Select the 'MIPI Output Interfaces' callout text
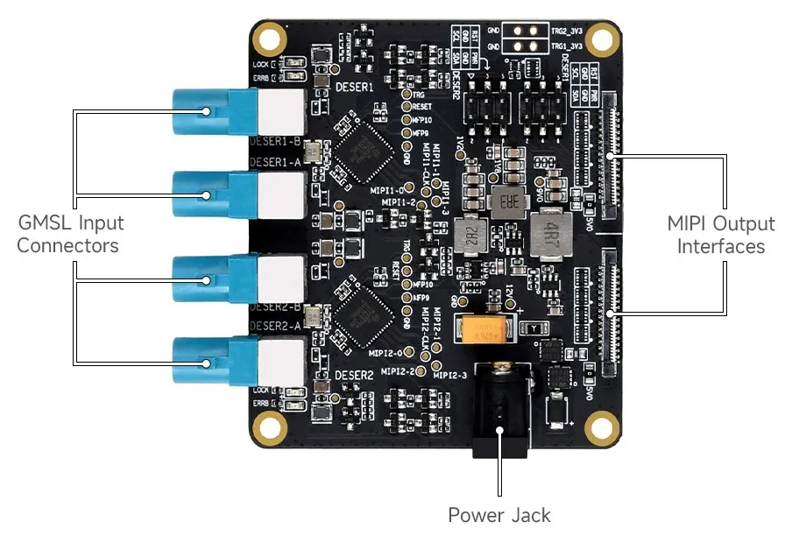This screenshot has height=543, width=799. tap(720, 235)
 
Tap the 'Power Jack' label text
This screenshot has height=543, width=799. tap(498, 515)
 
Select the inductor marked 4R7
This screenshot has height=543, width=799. tap(551, 233)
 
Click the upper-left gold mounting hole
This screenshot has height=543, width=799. tap(268, 39)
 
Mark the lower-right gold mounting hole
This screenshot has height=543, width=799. tap(601, 427)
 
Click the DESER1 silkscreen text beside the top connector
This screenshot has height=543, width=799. tap(355, 88)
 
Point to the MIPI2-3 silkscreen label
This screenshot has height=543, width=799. tap(449, 375)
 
